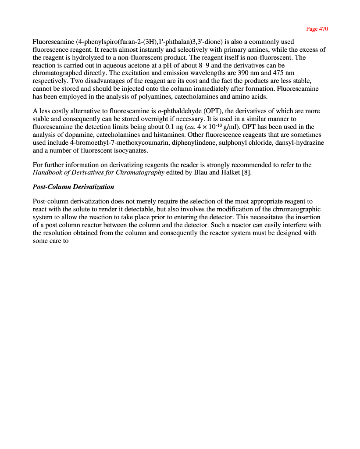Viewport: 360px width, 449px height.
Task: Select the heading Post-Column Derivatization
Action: click(73, 187)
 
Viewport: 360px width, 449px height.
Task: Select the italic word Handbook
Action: click(47, 172)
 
